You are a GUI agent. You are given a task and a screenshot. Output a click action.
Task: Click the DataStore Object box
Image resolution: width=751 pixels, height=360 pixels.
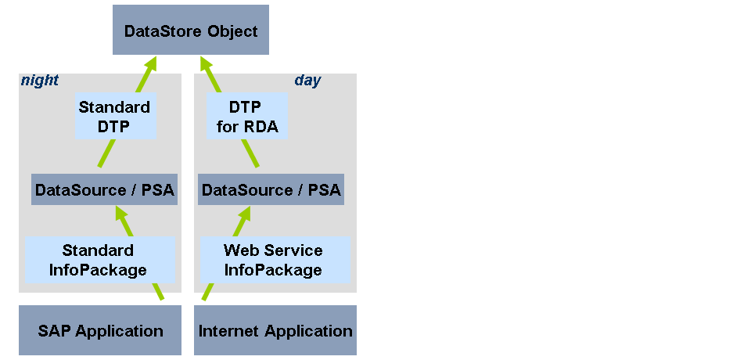coord(190,31)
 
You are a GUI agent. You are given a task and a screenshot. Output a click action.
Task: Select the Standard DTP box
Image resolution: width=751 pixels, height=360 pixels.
coord(115,116)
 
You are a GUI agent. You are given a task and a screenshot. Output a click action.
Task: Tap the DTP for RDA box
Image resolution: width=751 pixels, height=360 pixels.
coord(246,116)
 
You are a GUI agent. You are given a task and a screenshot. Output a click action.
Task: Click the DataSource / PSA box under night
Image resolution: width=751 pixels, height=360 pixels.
coord(104,190)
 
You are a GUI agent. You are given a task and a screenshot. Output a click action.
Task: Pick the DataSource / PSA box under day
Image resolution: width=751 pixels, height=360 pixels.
coord(271,190)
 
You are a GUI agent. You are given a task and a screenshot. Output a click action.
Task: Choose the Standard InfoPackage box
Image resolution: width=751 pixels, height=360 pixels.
coord(99,260)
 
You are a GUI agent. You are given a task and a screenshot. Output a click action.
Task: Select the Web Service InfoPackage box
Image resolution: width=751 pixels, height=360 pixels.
coord(273,260)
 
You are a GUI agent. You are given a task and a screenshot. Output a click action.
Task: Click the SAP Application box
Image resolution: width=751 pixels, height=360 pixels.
coord(100,330)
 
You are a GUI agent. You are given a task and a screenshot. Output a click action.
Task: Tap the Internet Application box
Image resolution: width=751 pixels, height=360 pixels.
coord(275,330)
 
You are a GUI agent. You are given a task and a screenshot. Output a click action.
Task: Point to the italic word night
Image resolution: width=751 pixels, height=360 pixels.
coord(39,81)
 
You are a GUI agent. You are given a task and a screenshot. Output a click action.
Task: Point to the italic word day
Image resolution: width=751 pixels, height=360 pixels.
coord(307,81)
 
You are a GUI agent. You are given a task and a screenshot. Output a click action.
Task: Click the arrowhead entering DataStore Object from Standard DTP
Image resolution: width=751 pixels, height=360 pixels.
coord(148,63)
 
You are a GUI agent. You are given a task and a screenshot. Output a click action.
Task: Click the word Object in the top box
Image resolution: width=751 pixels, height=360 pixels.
coord(232,31)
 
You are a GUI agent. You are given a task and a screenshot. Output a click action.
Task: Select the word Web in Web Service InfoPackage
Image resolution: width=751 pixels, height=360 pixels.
coord(238,250)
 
